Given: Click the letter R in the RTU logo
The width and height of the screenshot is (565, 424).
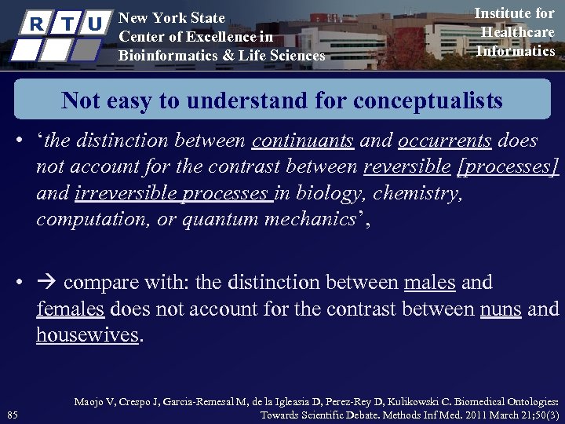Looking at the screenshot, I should [x=35, y=24].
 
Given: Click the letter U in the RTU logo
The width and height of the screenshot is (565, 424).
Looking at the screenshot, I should [x=94, y=24].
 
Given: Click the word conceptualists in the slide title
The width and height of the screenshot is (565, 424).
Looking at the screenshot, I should [x=428, y=101].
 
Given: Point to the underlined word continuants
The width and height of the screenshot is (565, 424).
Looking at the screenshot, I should [x=303, y=141].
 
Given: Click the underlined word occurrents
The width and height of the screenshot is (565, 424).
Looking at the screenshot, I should [x=445, y=141].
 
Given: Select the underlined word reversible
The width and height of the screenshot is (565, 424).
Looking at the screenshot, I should [x=407, y=167].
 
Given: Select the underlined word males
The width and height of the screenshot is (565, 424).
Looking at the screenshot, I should [x=429, y=283].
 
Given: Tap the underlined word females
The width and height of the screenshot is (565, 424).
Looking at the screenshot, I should [x=70, y=309].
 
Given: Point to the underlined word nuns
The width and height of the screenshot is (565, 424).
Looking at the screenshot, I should [x=501, y=309].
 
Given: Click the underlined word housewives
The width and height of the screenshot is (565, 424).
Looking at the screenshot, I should [x=88, y=335].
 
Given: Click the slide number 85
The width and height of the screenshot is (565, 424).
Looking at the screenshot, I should [x=12, y=415].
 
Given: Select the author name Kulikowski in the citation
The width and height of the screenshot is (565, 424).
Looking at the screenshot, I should [x=437, y=401].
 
